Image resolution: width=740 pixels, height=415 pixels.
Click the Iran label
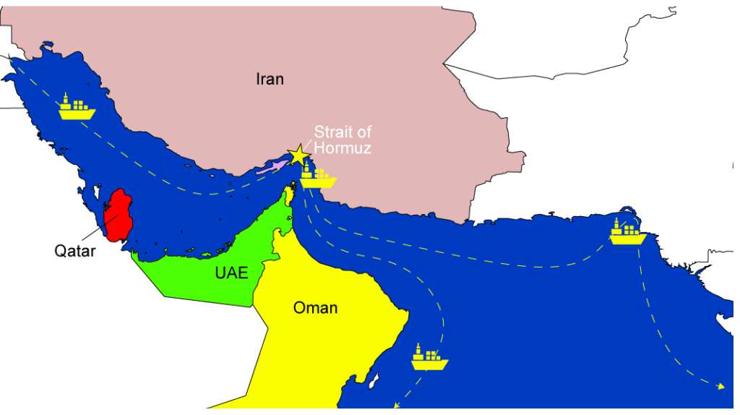pos(270,79)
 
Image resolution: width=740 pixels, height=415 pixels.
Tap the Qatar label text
pos(75,252)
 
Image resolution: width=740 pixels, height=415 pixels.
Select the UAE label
pos(231,273)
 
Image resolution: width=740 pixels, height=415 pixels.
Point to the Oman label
pos(315,308)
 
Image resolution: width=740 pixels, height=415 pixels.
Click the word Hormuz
pos(348,148)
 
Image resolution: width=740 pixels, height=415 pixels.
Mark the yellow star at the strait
pos(298,155)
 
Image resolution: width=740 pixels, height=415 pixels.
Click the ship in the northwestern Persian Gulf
pos(77,108)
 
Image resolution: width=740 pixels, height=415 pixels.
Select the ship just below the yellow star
pos(318,175)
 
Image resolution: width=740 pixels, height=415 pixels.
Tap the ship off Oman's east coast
pos(430,357)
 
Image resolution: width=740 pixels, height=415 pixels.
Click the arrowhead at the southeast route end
pos(720,387)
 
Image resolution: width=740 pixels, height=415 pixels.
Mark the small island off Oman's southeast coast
pos(375,377)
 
